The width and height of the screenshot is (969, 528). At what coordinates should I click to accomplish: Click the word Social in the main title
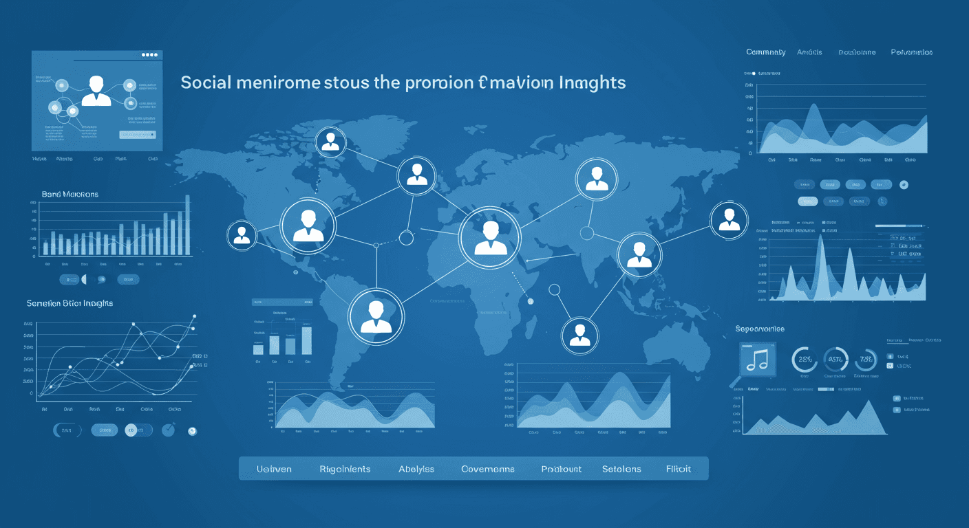coord(205,83)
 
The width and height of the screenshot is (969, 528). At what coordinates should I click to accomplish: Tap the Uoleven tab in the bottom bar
coord(274,469)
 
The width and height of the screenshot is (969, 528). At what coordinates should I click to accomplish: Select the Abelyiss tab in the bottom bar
coord(416,469)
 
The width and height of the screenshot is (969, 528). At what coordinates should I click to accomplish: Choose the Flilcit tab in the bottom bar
coord(678,469)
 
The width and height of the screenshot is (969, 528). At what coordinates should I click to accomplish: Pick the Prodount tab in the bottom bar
coord(561,469)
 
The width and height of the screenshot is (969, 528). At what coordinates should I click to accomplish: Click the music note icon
coord(756,360)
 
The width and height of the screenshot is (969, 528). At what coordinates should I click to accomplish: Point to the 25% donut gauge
coord(805,358)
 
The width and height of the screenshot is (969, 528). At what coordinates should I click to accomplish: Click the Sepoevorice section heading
coord(760,329)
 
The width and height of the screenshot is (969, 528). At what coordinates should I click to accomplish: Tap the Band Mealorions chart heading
coord(70,195)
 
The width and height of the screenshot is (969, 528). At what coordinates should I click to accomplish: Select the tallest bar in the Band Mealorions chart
coord(187,225)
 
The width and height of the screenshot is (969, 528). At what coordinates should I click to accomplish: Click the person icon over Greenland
coord(330,141)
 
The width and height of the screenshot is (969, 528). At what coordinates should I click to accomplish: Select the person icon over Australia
coord(579,334)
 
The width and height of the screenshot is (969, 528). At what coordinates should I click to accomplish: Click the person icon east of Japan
coord(728,220)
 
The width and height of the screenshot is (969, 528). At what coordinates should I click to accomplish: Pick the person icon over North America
coord(308,225)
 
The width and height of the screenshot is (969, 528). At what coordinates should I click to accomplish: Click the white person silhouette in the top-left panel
coord(96,91)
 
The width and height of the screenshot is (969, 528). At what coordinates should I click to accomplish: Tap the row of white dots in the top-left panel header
coord(149,54)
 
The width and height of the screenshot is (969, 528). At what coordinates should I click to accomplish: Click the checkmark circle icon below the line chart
coord(168,430)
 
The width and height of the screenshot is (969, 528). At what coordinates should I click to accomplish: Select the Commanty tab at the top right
coord(765,52)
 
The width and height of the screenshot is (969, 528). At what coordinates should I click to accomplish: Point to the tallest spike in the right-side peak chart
coord(820,241)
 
